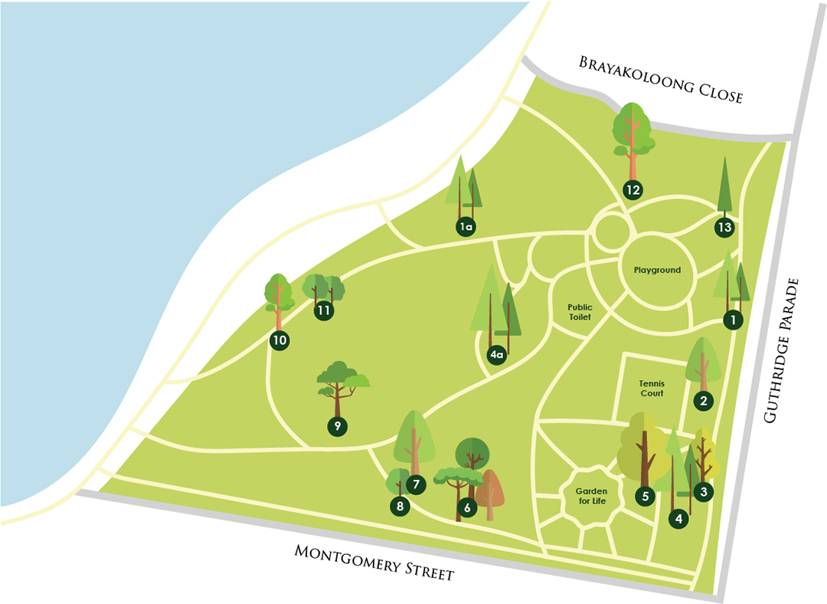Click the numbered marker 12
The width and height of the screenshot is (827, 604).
633,189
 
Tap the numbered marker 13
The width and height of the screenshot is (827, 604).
725,227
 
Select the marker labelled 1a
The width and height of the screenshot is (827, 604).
465,226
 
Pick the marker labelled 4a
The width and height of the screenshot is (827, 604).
497,355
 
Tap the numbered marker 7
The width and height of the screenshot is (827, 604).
416,484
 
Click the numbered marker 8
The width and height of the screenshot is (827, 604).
399,506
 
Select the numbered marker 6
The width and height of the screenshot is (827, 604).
466,507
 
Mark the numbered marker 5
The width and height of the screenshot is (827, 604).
646,496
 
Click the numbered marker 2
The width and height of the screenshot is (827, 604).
703,399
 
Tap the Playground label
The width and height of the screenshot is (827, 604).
657,271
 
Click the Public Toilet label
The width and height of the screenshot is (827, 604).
580,311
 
